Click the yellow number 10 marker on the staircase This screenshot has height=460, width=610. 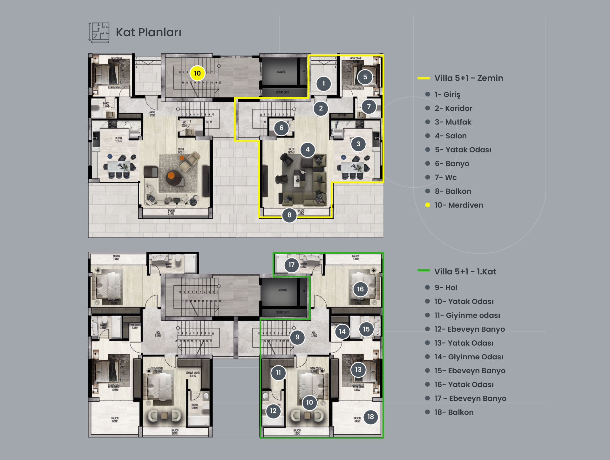coord(197,73)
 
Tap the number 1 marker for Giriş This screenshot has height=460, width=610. coord(324,83)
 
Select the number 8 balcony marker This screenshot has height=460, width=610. coord(289,215)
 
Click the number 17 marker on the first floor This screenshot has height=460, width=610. coord(291,265)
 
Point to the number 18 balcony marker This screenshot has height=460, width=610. coord(370,417)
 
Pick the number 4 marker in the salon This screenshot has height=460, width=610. coord(308,150)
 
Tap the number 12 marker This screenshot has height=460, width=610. coord(273,411)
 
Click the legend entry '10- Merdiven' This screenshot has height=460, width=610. coord(459,205)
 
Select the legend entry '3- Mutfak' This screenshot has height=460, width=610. coord(453,122)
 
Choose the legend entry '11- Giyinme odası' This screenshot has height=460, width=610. coord(467,315)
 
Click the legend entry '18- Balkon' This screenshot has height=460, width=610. coord(454,412)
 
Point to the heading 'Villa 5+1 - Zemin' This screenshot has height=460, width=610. coord(469,78)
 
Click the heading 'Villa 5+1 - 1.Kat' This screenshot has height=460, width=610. coord(465,271)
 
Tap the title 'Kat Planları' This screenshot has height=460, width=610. coord(148,32)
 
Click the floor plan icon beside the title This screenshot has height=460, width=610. coord(99,33)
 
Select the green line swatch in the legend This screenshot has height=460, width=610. coord(424,270)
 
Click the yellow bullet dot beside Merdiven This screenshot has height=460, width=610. coord(428,205)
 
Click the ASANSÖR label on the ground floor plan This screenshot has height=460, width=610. coord(281,72)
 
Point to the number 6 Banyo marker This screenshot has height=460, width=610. coord(281,128)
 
